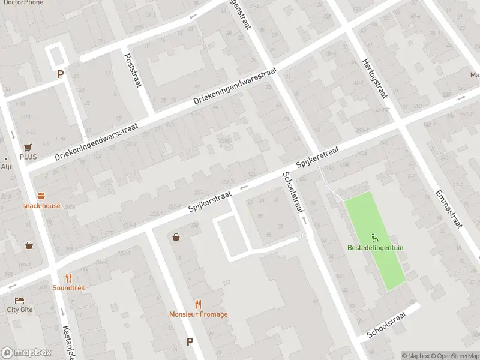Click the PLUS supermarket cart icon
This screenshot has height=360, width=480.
[28, 147]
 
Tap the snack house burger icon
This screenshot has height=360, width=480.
[41, 196]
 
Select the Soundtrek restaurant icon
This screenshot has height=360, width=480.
[68, 278]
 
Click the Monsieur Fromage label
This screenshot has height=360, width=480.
[198, 314]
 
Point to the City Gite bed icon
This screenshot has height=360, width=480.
[20, 300]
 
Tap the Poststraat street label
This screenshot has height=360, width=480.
[133, 70]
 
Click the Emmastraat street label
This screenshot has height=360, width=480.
[449, 209]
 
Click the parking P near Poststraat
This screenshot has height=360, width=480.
[59, 74]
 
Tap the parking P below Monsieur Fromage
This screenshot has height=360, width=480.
[190, 341]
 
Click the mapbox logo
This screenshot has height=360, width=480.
[26, 353]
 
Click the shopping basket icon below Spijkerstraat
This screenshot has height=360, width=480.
[176, 237]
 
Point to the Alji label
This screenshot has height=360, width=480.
[6, 167]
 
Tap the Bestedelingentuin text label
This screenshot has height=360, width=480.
[375, 248]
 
